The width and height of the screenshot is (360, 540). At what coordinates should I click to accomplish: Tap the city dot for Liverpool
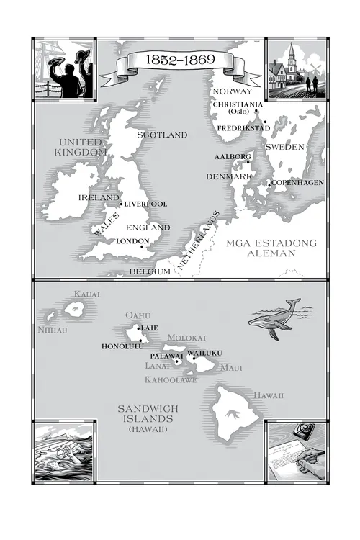coord(121,204)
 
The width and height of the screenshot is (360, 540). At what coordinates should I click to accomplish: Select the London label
coord(132,241)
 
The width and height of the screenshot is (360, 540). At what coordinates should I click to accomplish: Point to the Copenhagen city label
coord(297,182)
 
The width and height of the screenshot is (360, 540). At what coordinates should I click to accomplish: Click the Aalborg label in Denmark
coord(232,156)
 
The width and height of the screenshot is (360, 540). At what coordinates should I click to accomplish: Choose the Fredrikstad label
coord(243,128)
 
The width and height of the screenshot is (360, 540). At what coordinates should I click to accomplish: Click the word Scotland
coord(162,135)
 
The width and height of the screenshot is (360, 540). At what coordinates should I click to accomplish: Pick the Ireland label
coord(99,197)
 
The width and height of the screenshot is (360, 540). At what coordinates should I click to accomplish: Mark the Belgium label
coord(150,271)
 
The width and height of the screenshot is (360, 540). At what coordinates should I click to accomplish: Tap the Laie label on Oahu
coord(149,328)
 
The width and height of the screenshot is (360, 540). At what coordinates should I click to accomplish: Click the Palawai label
coord(166,356)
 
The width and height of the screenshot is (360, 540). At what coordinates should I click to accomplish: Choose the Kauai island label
coord(87,294)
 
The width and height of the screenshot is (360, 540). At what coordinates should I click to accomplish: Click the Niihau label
coord(51,330)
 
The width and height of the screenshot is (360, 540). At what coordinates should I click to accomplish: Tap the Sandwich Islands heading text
coord(148,414)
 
